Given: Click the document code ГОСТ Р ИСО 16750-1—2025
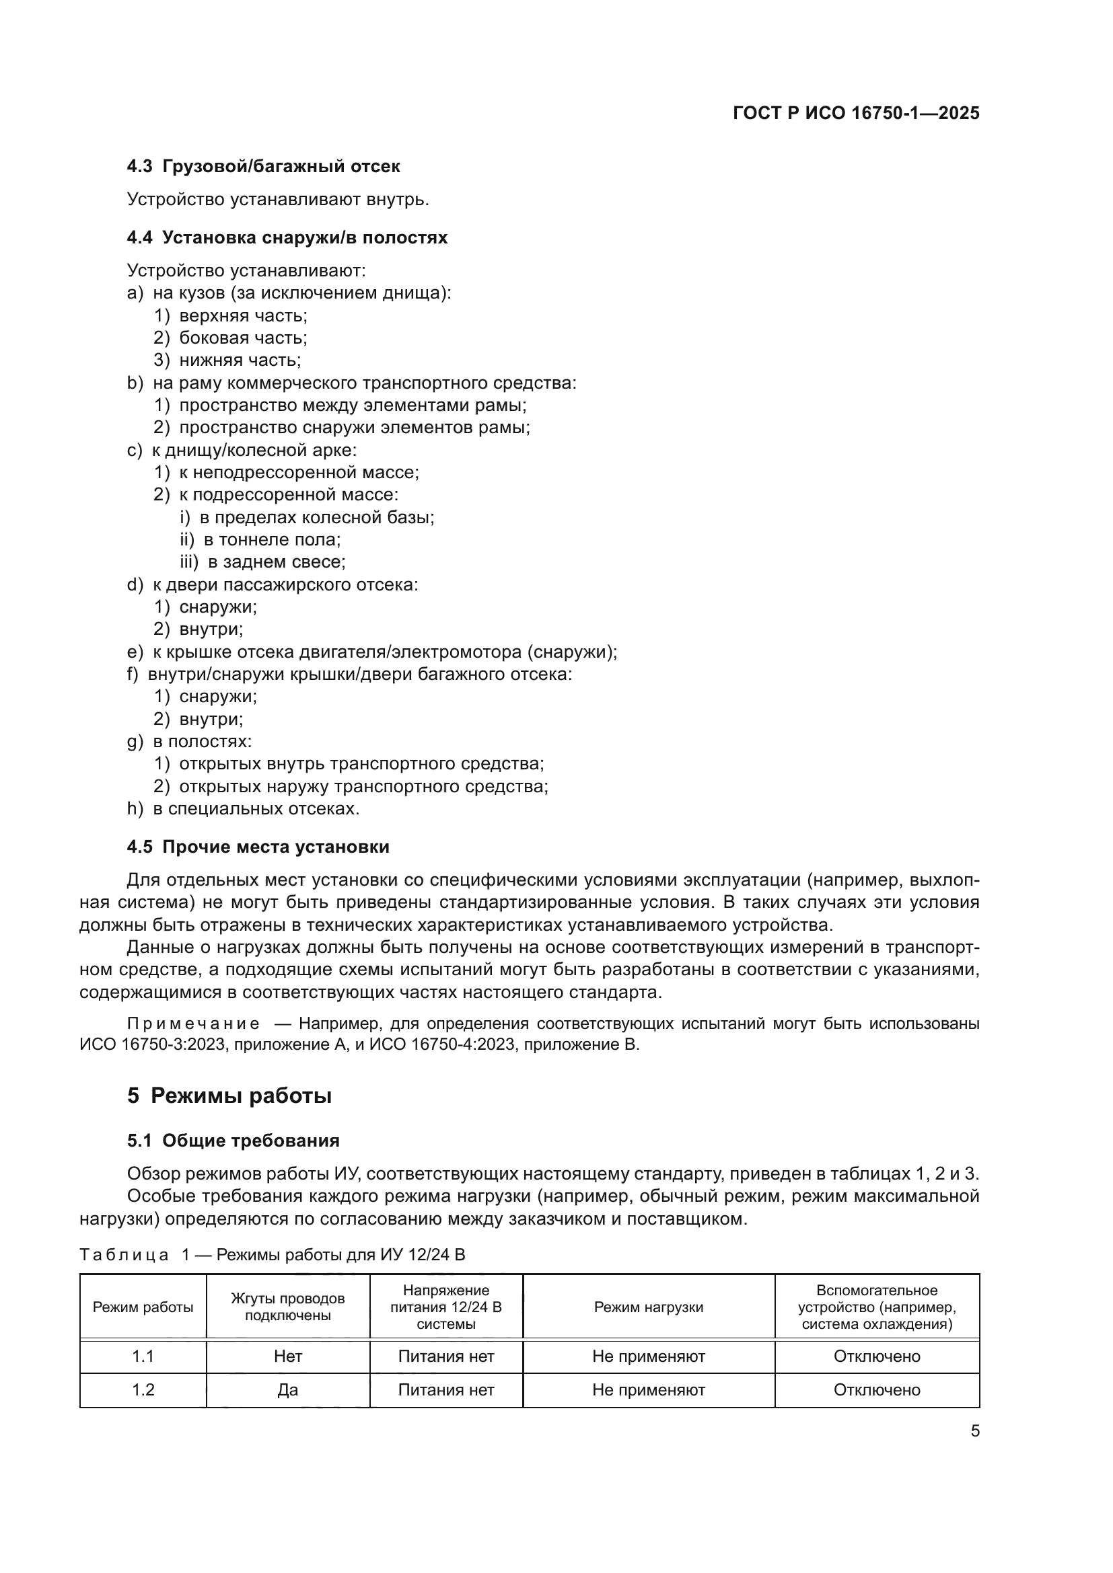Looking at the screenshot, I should coord(856,113).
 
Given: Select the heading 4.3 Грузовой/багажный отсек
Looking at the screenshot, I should coord(264,167).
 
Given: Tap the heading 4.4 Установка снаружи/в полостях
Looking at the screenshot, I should coord(287,237).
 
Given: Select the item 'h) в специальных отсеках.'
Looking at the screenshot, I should coord(244,809).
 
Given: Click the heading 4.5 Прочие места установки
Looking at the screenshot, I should coord(258,847).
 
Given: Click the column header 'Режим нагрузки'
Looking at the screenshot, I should coord(648,1307).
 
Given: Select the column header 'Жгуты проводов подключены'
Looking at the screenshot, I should coord(288,1307).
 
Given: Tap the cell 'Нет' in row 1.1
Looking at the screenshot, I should coord(288,1356).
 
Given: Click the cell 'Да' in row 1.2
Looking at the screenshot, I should coord(288,1390).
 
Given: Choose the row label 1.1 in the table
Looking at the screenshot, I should coord(143,1356).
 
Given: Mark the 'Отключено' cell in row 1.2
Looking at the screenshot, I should coord(877,1390).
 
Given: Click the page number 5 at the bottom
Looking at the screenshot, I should coord(974,1431).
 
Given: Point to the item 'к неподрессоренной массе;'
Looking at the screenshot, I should coord(299,473).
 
